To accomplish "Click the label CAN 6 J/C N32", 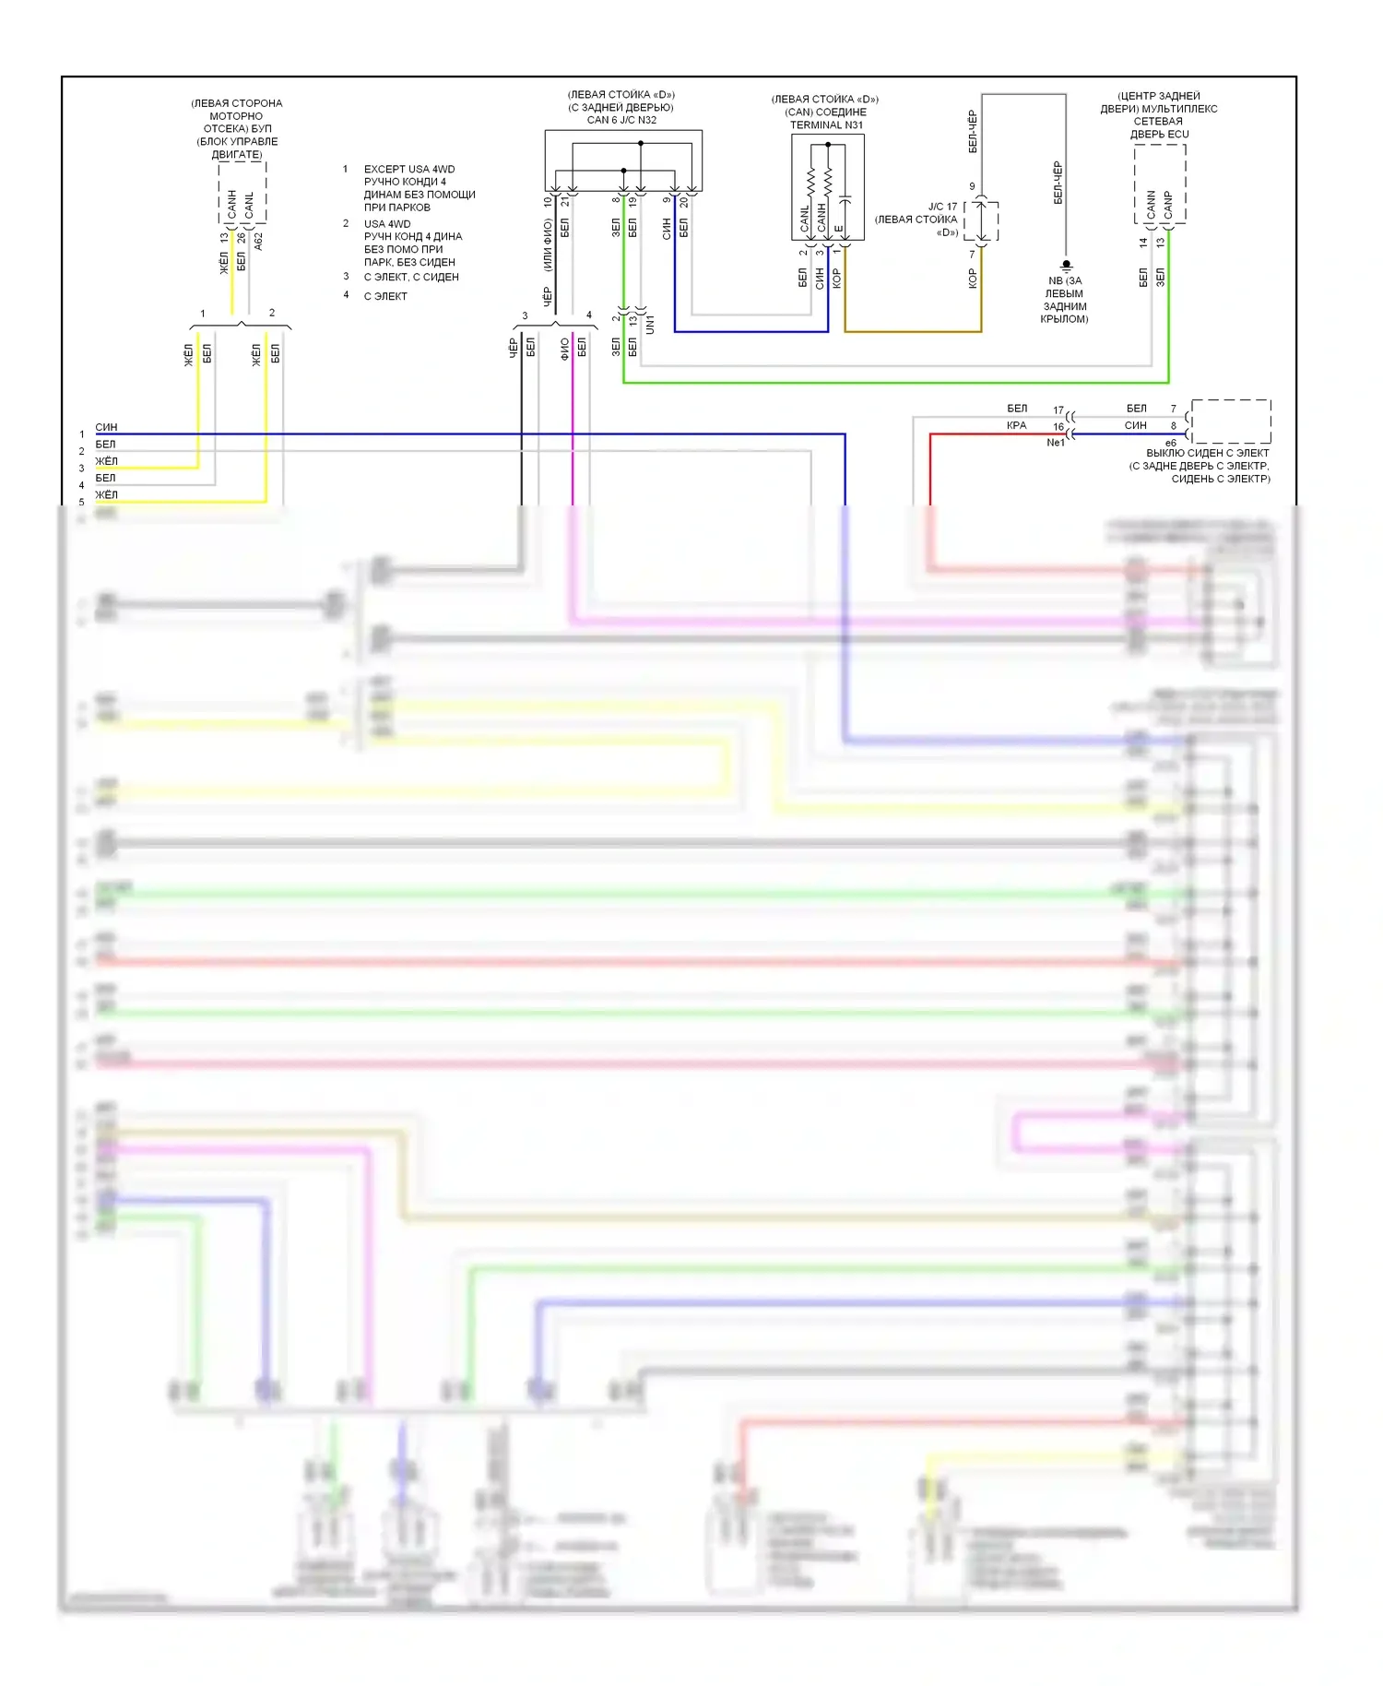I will coord(621,120).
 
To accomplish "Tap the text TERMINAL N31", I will coord(826,125).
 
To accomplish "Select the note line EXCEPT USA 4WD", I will coord(408,169).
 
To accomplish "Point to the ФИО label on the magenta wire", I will coord(564,348).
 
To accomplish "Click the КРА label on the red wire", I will coord(1016,426).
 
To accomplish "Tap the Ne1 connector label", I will coord(1056,443).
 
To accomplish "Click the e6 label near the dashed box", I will coord(1170,443).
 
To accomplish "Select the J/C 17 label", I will coord(942,207).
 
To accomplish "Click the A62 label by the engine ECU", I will coord(259,241).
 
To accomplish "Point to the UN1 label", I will coord(650,324).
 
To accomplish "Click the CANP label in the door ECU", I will coord(1168,205).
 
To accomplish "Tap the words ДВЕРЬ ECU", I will coord(1159,135).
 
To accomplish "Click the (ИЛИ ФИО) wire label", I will coord(547,245).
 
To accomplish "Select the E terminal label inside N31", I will coord(838,229).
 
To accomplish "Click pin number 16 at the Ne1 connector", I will coord(1058,427).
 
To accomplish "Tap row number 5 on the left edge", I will coord(81,503).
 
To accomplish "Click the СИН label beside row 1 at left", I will coord(106,427).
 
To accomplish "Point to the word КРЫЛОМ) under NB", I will coord(1064,319).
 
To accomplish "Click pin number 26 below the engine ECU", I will coord(241,237).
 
